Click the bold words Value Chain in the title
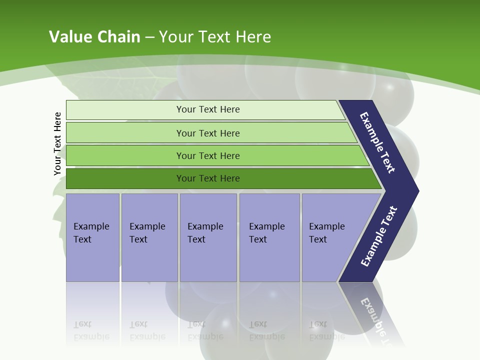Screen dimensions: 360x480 pos(94,37)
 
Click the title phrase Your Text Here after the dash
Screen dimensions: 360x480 pos(215,37)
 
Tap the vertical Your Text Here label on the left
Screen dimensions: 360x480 pos(58,143)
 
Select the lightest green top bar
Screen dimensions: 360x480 pos(125,110)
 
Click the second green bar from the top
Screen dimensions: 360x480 pos(125,133)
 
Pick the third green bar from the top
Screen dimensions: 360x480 pos(125,155)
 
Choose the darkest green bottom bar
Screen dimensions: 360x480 pos(125,178)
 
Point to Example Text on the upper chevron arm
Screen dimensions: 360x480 pos(377,142)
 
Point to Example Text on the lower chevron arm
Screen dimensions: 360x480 pos(378,236)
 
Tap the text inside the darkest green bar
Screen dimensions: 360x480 pos(208,178)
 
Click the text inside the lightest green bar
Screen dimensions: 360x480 pos(208,109)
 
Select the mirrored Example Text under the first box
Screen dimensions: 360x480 pos(91,330)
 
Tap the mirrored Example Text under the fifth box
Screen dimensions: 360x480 pos(326,330)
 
